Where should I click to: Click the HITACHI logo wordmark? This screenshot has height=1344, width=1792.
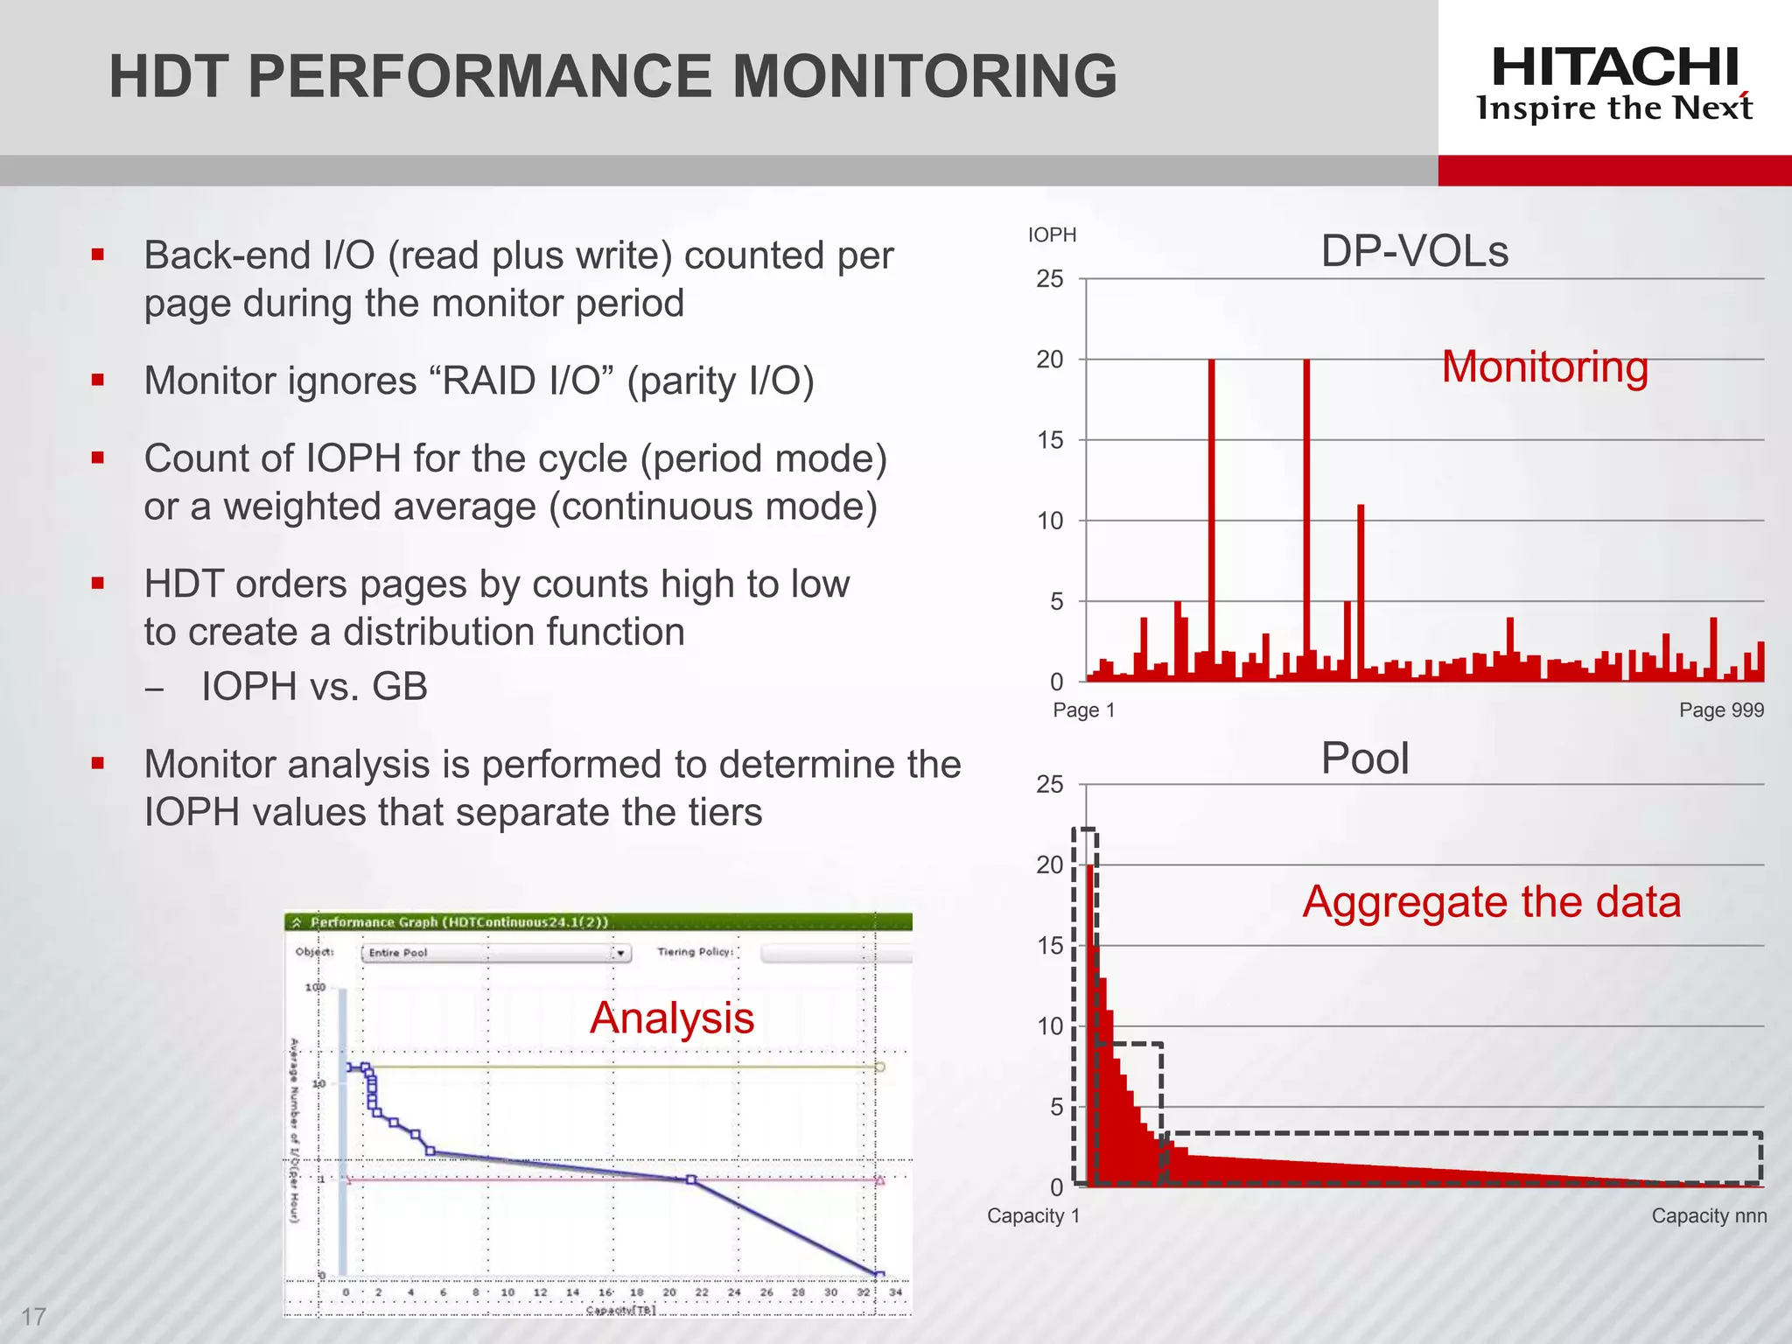[1614, 67]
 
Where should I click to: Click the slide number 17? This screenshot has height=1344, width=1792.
[33, 1316]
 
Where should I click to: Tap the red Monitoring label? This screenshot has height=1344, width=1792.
[1544, 367]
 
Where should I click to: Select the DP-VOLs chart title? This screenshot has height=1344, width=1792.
[1414, 251]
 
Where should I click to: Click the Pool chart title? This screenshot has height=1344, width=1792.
[1364, 758]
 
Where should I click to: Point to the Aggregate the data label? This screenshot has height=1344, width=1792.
[1491, 902]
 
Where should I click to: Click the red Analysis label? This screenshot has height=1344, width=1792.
[671, 1018]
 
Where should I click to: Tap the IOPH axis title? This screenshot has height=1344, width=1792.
[1052, 234]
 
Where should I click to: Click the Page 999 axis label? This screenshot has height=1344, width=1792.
[1720, 710]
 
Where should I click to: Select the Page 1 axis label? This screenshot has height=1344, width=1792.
[1083, 710]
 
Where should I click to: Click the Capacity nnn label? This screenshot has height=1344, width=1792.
[1708, 1215]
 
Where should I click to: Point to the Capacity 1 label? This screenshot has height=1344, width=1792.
[1032, 1215]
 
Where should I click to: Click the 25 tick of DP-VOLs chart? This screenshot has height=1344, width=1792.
[1049, 279]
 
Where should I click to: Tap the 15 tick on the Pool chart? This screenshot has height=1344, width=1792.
[1049, 946]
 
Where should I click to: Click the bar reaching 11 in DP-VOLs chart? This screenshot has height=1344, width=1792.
[1361, 595]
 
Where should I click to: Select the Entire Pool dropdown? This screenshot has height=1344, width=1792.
[495, 952]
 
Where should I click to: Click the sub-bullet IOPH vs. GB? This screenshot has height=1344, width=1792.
[314, 686]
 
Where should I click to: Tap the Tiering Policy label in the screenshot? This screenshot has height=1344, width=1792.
[695, 951]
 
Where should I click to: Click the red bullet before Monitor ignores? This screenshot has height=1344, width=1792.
[98, 380]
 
